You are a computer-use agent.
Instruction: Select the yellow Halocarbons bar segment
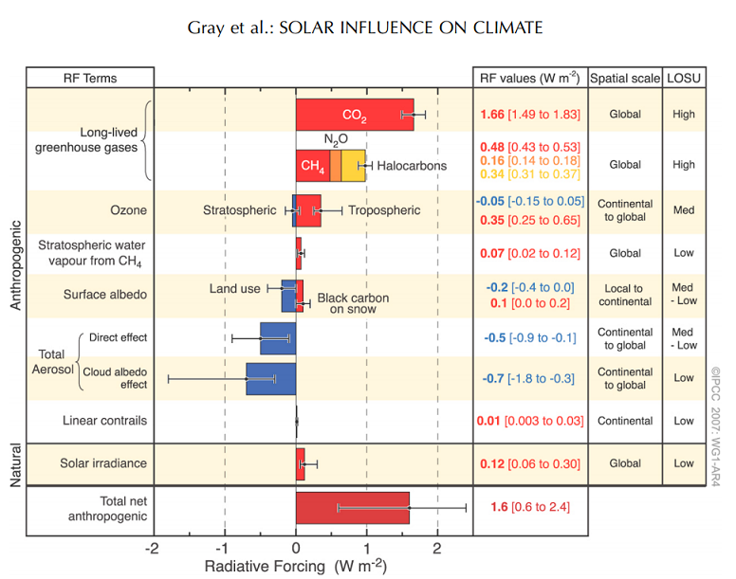(353, 166)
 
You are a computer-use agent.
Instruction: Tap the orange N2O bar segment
(335, 166)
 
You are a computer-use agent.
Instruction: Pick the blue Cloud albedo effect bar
(270, 378)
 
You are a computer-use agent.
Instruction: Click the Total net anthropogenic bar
(352, 508)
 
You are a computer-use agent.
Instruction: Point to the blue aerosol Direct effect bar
(278, 337)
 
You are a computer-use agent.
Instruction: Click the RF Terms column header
(89, 77)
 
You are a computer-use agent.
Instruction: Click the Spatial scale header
(625, 77)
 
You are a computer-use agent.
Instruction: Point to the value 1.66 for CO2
(490, 115)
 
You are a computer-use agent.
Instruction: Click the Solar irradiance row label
(104, 463)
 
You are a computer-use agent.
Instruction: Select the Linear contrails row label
(104, 420)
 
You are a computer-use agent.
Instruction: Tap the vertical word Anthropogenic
(15, 265)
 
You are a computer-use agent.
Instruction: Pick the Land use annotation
(235, 288)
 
